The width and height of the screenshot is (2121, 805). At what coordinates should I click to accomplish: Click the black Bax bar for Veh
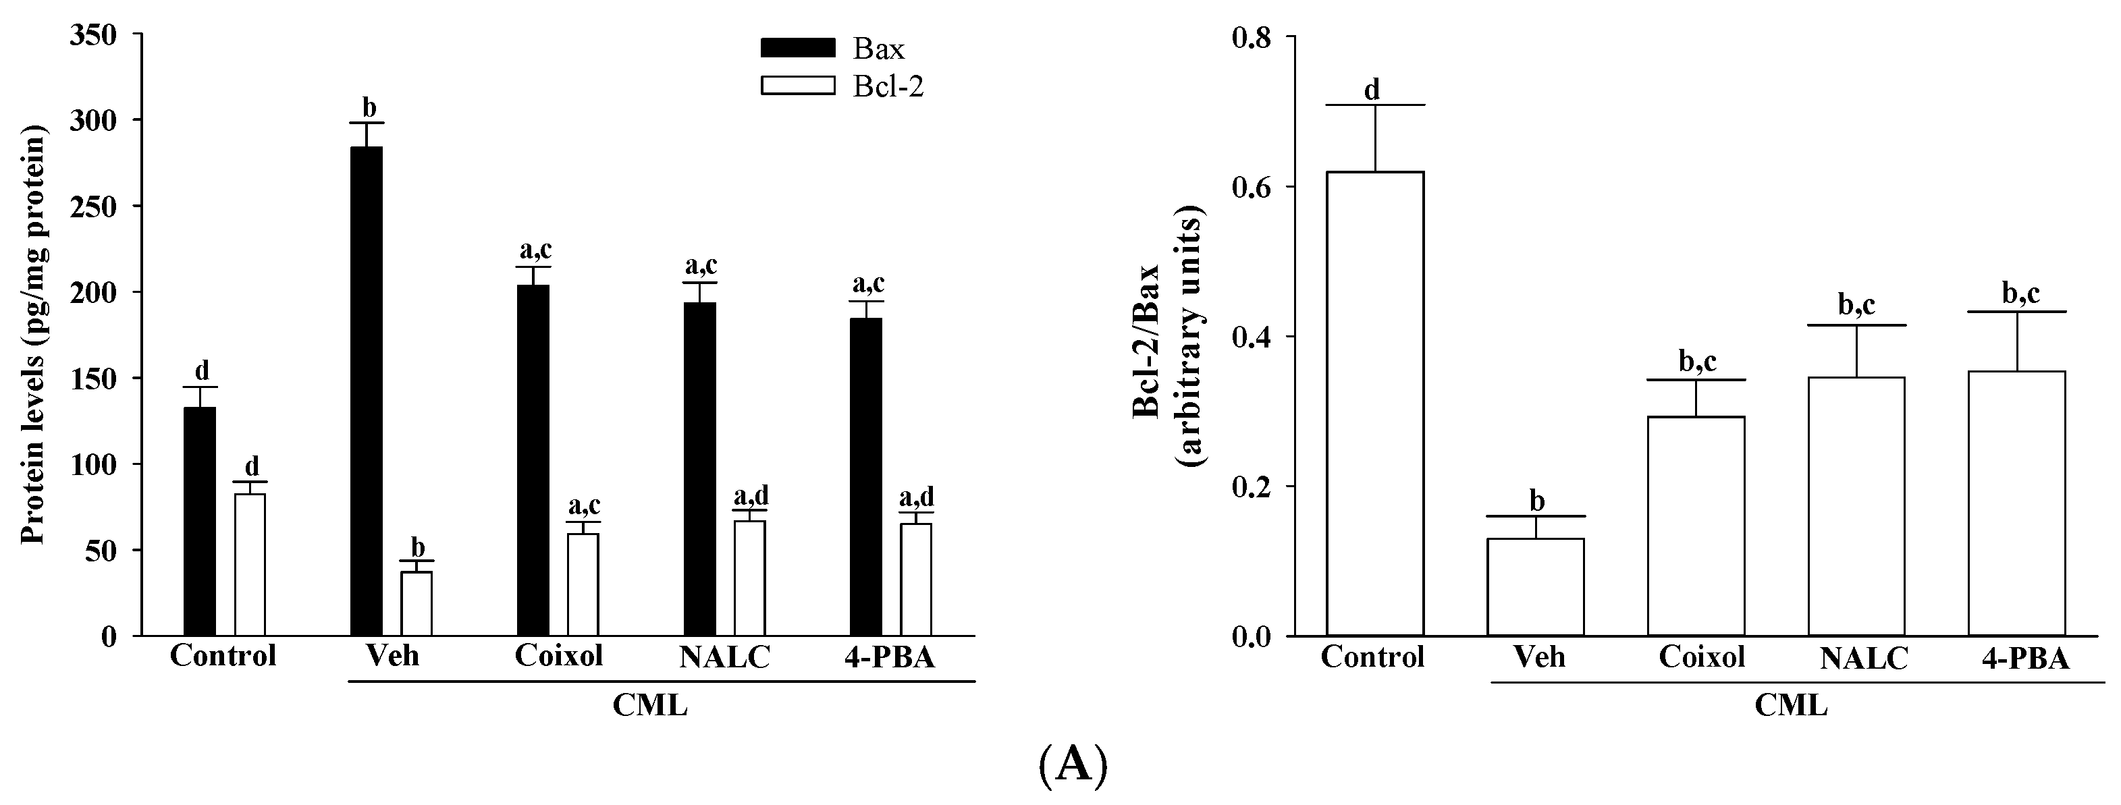click(367, 391)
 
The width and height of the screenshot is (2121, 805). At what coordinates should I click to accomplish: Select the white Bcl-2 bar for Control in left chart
click(250, 565)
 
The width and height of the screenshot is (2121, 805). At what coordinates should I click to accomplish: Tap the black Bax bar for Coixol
click(533, 460)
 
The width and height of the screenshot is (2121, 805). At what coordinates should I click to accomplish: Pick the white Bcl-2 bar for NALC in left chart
click(749, 578)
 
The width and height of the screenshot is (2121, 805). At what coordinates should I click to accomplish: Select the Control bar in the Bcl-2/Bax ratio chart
click(1374, 404)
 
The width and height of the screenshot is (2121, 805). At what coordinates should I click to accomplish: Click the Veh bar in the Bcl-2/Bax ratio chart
click(1536, 587)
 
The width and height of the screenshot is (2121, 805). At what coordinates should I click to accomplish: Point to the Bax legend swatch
click(797, 48)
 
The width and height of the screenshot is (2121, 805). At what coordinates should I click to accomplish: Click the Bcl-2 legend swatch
click(797, 86)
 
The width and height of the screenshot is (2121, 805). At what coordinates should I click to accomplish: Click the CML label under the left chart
click(649, 705)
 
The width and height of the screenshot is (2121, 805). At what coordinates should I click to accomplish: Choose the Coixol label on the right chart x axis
click(1702, 657)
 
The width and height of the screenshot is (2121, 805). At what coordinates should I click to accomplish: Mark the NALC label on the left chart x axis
click(724, 657)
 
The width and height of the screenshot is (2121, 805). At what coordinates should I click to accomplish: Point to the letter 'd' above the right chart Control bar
click(1372, 90)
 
